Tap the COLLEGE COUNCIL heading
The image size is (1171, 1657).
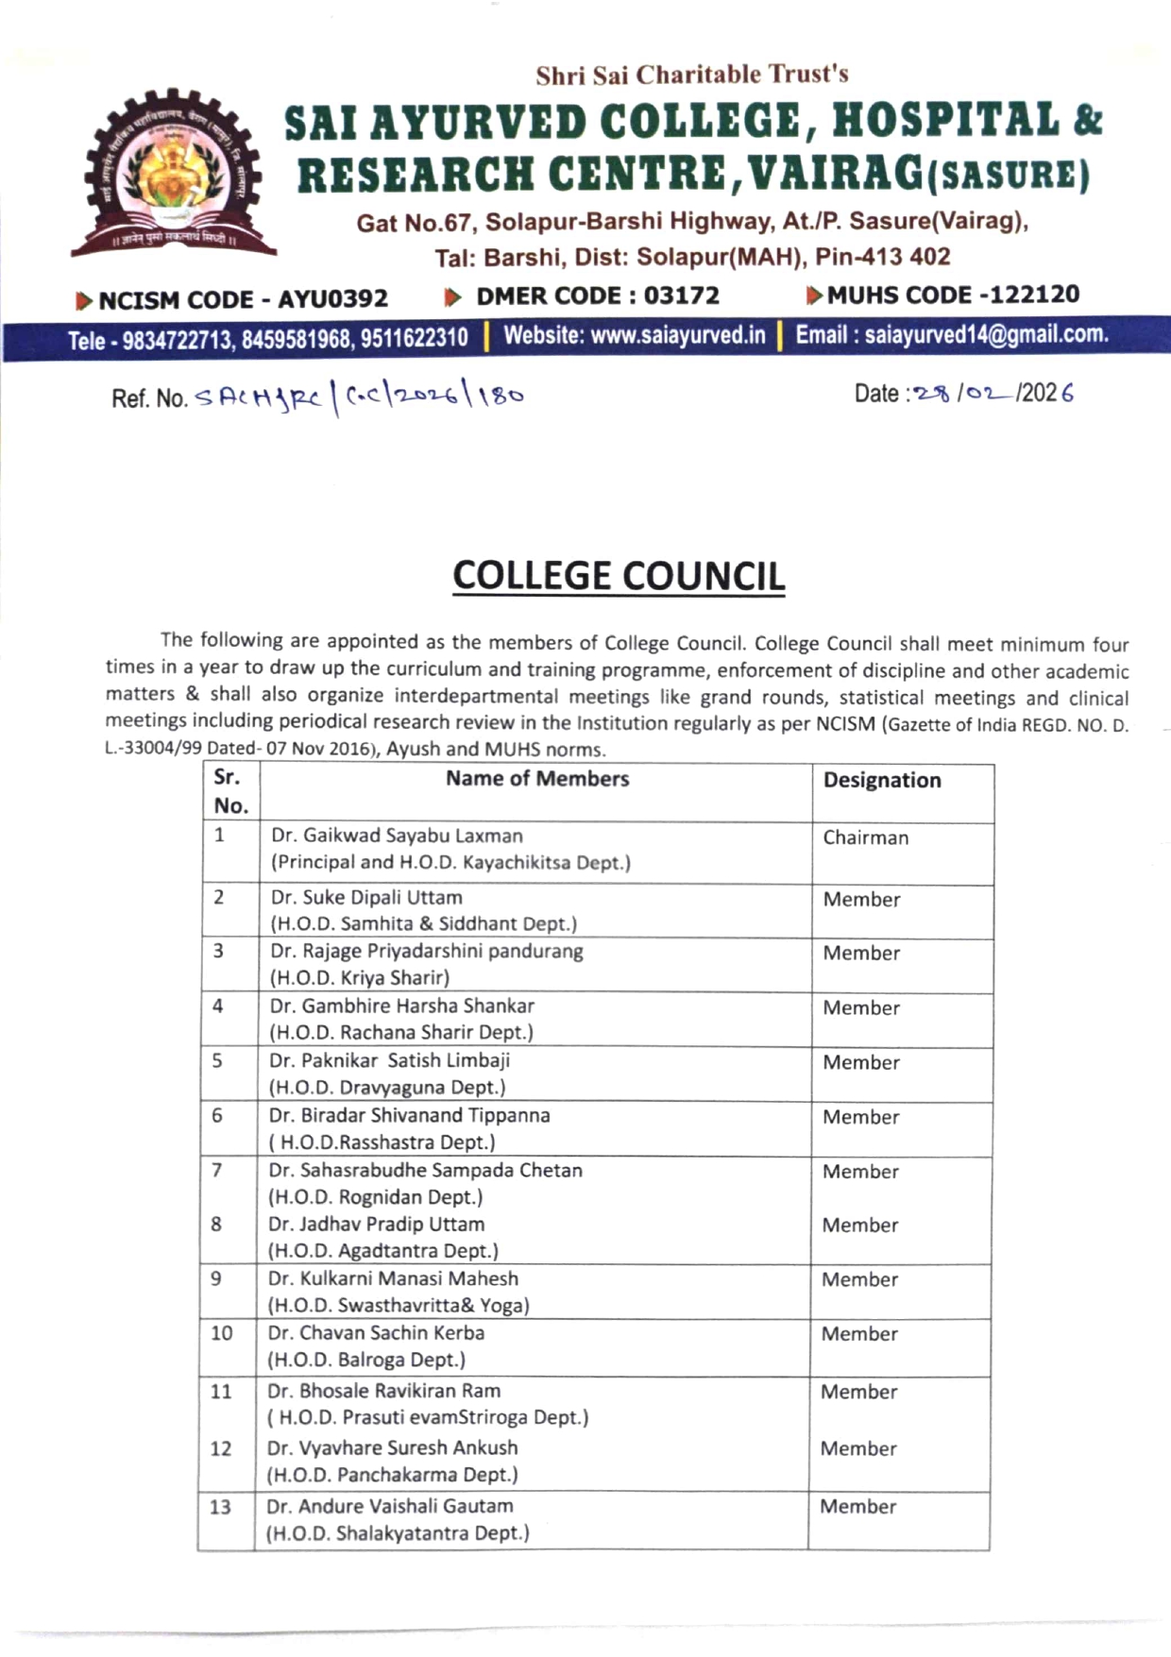click(x=619, y=576)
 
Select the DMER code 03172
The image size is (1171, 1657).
click(x=681, y=296)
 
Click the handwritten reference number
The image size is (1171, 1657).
click(x=359, y=397)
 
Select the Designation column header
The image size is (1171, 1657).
click(x=882, y=780)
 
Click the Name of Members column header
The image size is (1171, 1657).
click(x=536, y=779)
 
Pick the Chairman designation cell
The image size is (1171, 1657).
click(x=865, y=837)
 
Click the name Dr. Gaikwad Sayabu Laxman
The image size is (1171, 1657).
click(x=397, y=836)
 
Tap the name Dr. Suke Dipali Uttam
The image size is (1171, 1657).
click(x=366, y=897)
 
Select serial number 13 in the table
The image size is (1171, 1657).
click(x=220, y=1507)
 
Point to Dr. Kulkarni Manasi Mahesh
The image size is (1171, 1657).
click(x=393, y=1278)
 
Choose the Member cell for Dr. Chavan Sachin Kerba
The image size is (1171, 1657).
click(x=858, y=1334)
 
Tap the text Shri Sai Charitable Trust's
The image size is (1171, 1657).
click(x=692, y=75)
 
